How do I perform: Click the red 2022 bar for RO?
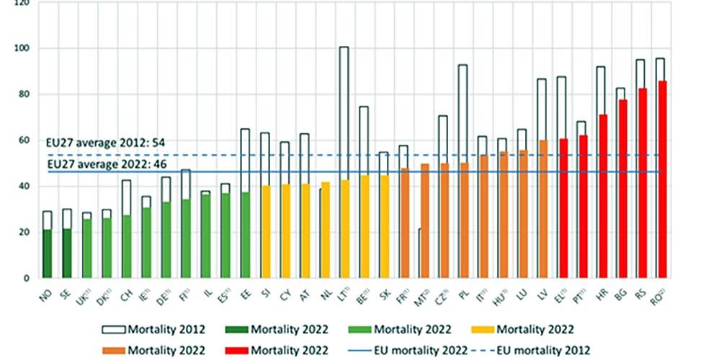pyautogui.click(x=660, y=180)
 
